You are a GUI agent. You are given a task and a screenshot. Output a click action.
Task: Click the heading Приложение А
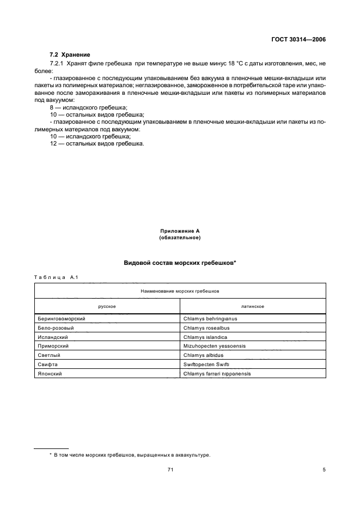click(x=180, y=231)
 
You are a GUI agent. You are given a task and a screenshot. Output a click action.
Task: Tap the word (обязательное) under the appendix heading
click(x=180, y=238)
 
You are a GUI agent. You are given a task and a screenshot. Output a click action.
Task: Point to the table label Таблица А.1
click(x=57, y=278)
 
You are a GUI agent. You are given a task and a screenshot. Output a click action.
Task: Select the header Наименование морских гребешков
click(x=180, y=291)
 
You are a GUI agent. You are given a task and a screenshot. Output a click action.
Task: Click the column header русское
click(x=107, y=306)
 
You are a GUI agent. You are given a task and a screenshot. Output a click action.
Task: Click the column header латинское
click(x=253, y=306)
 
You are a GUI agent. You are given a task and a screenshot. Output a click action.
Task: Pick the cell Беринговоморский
click(x=63, y=318)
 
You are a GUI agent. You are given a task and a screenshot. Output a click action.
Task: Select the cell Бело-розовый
click(x=54, y=327)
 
